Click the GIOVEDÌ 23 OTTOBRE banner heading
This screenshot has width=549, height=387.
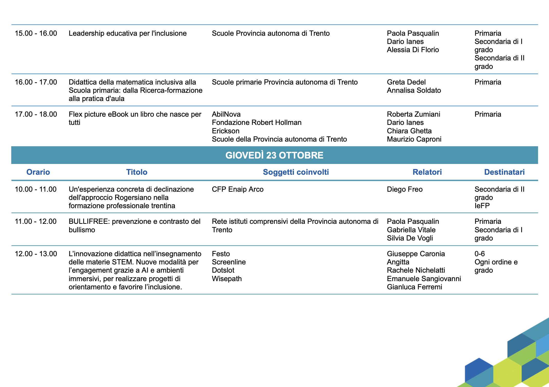click(274, 155)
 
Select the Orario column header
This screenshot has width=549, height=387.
click(38, 172)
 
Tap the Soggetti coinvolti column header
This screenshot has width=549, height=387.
click(296, 172)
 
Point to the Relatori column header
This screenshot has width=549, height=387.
click(427, 172)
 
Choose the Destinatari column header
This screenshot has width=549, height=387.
click(504, 172)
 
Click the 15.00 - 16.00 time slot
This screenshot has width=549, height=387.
click(36, 33)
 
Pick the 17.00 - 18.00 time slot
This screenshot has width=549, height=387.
click(36, 114)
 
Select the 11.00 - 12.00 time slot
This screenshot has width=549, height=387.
click(36, 222)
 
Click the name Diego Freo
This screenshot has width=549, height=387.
click(405, 189)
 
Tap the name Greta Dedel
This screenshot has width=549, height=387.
click(406, 82)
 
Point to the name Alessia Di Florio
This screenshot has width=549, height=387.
click(413, 50)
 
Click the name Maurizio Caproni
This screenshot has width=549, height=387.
click(414, 139)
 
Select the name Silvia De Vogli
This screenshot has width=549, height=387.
click(410, 238)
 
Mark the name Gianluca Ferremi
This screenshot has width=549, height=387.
click(414, 287)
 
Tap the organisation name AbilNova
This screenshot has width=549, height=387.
click(226, 114)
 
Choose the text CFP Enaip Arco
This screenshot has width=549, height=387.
click(237, 189)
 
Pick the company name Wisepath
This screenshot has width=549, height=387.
click(227, 279)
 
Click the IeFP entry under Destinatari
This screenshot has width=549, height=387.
click(482, 206)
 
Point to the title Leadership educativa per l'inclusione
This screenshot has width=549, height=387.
click(127, 33)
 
